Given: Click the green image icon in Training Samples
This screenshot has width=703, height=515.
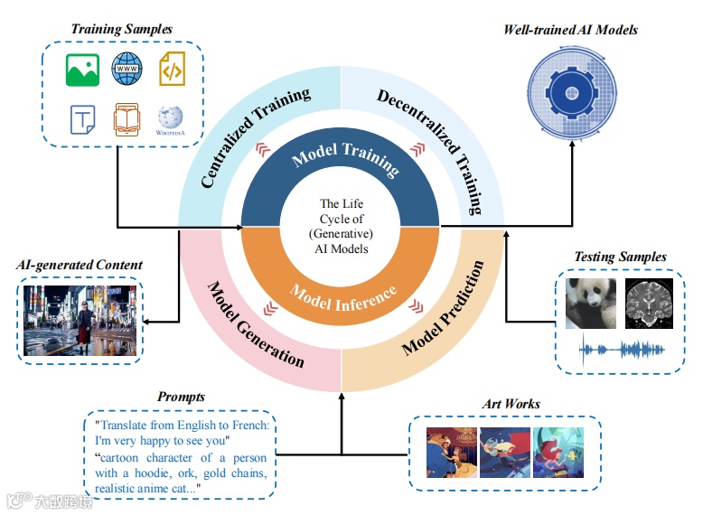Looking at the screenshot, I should point(82,70).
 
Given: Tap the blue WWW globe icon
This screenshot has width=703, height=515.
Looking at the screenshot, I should point(127,69).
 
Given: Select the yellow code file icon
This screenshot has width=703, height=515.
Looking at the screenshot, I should point(172,70).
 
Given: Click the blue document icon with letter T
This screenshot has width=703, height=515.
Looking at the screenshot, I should point(83,119).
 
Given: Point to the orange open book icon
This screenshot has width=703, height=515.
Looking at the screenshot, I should point(127,120).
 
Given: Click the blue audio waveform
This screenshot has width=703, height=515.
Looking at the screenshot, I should point(620,349).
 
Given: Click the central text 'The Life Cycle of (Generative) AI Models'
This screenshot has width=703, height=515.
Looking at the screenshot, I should point(342,226).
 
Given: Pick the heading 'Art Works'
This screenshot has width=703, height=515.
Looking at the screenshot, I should point(510,403).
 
